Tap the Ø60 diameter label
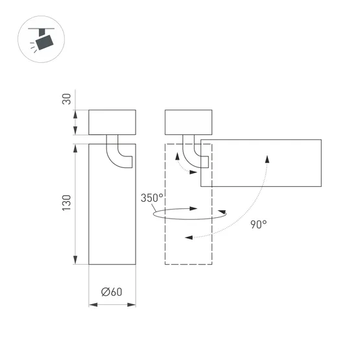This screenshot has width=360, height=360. (112, 292)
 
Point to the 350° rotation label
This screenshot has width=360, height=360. (152, 198)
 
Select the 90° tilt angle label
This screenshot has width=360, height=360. (258, 224)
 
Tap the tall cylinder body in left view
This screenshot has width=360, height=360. (112, 214)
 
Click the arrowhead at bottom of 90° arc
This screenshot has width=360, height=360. (188, 237)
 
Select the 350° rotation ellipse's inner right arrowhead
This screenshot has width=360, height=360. (195, 209)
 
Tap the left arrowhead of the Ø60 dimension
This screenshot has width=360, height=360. (91, 303)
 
